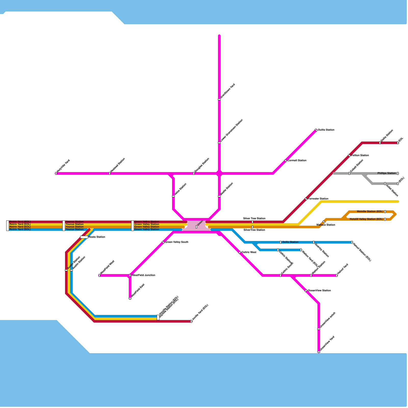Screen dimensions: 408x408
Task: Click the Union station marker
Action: coord(196,227)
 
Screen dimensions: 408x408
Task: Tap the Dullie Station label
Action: coord(326,130)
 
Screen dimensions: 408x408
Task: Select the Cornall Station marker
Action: coord(286,161)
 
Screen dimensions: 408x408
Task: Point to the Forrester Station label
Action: coord(318,199)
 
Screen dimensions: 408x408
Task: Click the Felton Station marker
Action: coord(349,156)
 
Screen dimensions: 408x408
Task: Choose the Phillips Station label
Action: coord(387,173)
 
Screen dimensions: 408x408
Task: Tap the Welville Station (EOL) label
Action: coord(370,212)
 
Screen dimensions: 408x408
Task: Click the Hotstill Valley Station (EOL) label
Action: coord(366,219)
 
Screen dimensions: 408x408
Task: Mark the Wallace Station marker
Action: coord(324,222)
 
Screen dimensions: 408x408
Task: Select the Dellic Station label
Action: coord(290,242)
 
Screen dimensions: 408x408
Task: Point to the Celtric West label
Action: coord(249,252)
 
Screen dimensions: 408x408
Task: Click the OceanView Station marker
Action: coord(306,291)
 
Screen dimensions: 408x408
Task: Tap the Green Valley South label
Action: coord(176,242)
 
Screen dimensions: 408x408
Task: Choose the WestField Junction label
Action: coord(144,275)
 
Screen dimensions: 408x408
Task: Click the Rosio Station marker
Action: coord(84,237)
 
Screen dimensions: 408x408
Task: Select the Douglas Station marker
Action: coord(194,173)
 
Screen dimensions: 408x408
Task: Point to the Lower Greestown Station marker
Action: coord(219,143)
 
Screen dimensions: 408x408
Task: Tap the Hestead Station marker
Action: coord(110,173)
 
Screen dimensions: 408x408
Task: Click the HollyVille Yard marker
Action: coord(56,173)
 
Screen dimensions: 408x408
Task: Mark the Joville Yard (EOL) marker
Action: coord(191,321)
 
